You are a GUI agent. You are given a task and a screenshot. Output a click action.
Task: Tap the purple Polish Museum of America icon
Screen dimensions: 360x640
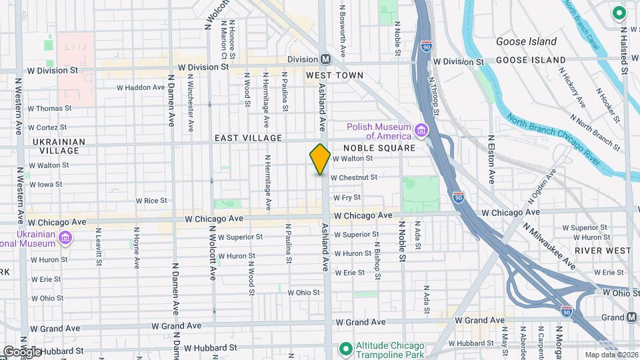pyautogui.click(x=421, y=129)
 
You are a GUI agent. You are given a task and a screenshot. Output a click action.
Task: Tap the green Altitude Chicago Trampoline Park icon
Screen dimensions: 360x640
pyautogui.click(x=345, y=349)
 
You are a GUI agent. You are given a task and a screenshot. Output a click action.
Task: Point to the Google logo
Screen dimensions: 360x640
pyautogui.click(x=22, y=352)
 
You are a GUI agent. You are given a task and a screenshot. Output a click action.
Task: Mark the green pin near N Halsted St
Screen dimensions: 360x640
pyautogui.click(x=618, y=12)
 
